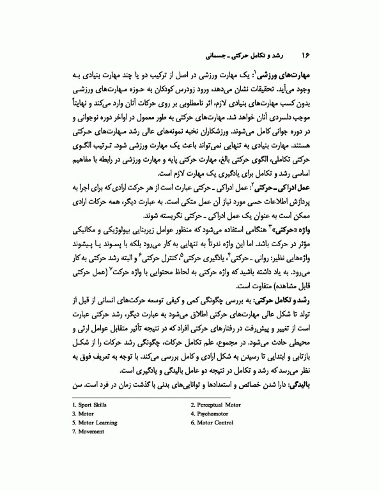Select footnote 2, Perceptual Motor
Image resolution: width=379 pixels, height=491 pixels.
pos(215,423)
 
